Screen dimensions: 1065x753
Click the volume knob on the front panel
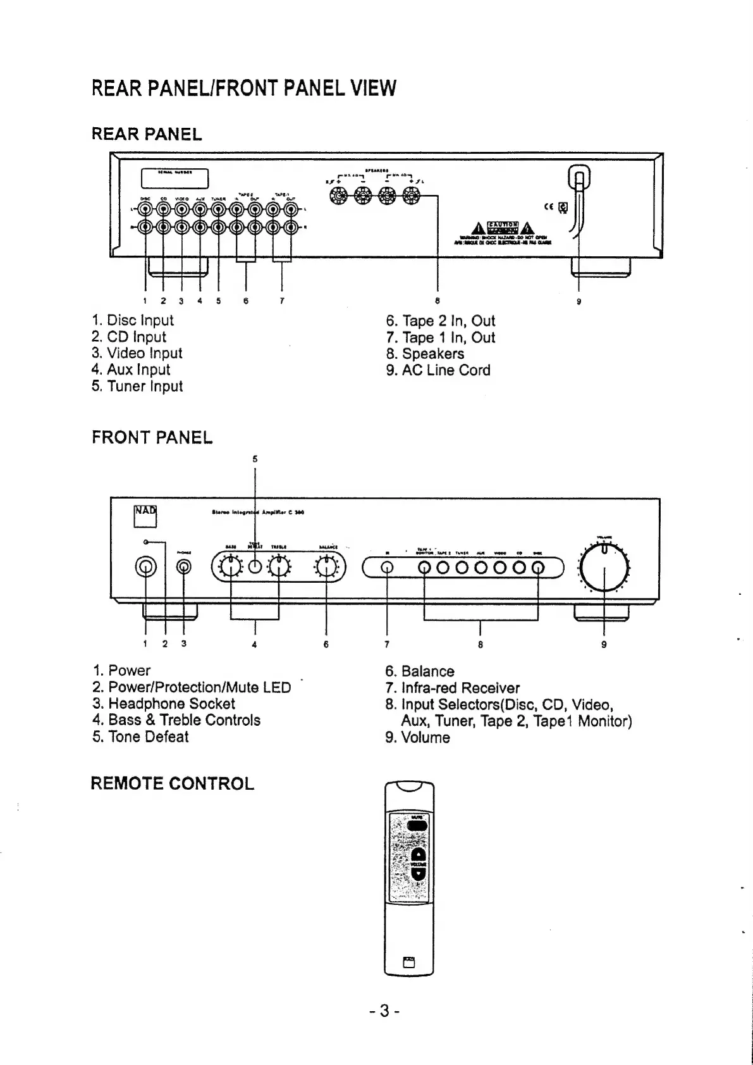pyautogui.click(x=604, y=566)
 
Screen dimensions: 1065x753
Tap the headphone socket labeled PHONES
pyautogui.click(x=184, y=567)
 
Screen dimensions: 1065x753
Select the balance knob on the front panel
pyautogui.click(x=326, y=566)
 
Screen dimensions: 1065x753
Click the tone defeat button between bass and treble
pyautogui.click(x=255, y=566)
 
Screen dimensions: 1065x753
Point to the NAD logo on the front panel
pyautogui.click(x=145, y=516)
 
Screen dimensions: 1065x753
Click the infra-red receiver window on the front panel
pyautogui.click(x=386, y=567)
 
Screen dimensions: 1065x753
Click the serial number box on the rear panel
pyautogui.click(x=174, y=178)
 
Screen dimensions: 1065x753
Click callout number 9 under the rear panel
pyautogui.click(x=579, y=301)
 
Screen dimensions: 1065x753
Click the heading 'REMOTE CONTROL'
pyautogui.click(x=172, y=783)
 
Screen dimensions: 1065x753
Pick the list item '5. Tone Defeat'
pyautogui.click(x=140, y=737)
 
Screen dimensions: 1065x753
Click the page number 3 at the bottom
pyautogui.click(x=383, y=1011)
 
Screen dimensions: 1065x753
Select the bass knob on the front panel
pyautogui.click(x=231, y=566)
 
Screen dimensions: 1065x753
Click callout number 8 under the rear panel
pyautogui.click(x=437, y=301)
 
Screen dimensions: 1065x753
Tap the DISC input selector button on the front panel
pyautogui.click(x=538, y=567)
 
